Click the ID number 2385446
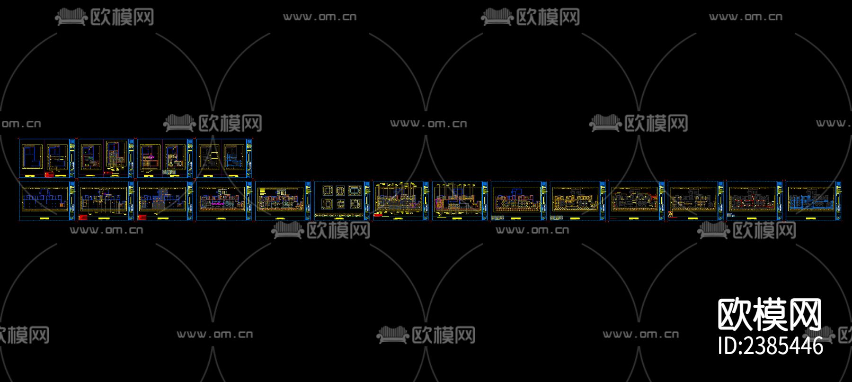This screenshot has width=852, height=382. point(770,346)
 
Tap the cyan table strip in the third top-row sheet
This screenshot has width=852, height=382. point(169,173)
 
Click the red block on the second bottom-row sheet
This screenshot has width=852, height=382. point(83,218)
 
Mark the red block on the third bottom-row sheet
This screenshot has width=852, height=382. point(142,218)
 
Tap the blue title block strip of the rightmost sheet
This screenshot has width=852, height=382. point(838,200)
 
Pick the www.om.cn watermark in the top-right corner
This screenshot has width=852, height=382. point(745,17)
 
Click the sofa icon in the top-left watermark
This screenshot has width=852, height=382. point(71,17)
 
